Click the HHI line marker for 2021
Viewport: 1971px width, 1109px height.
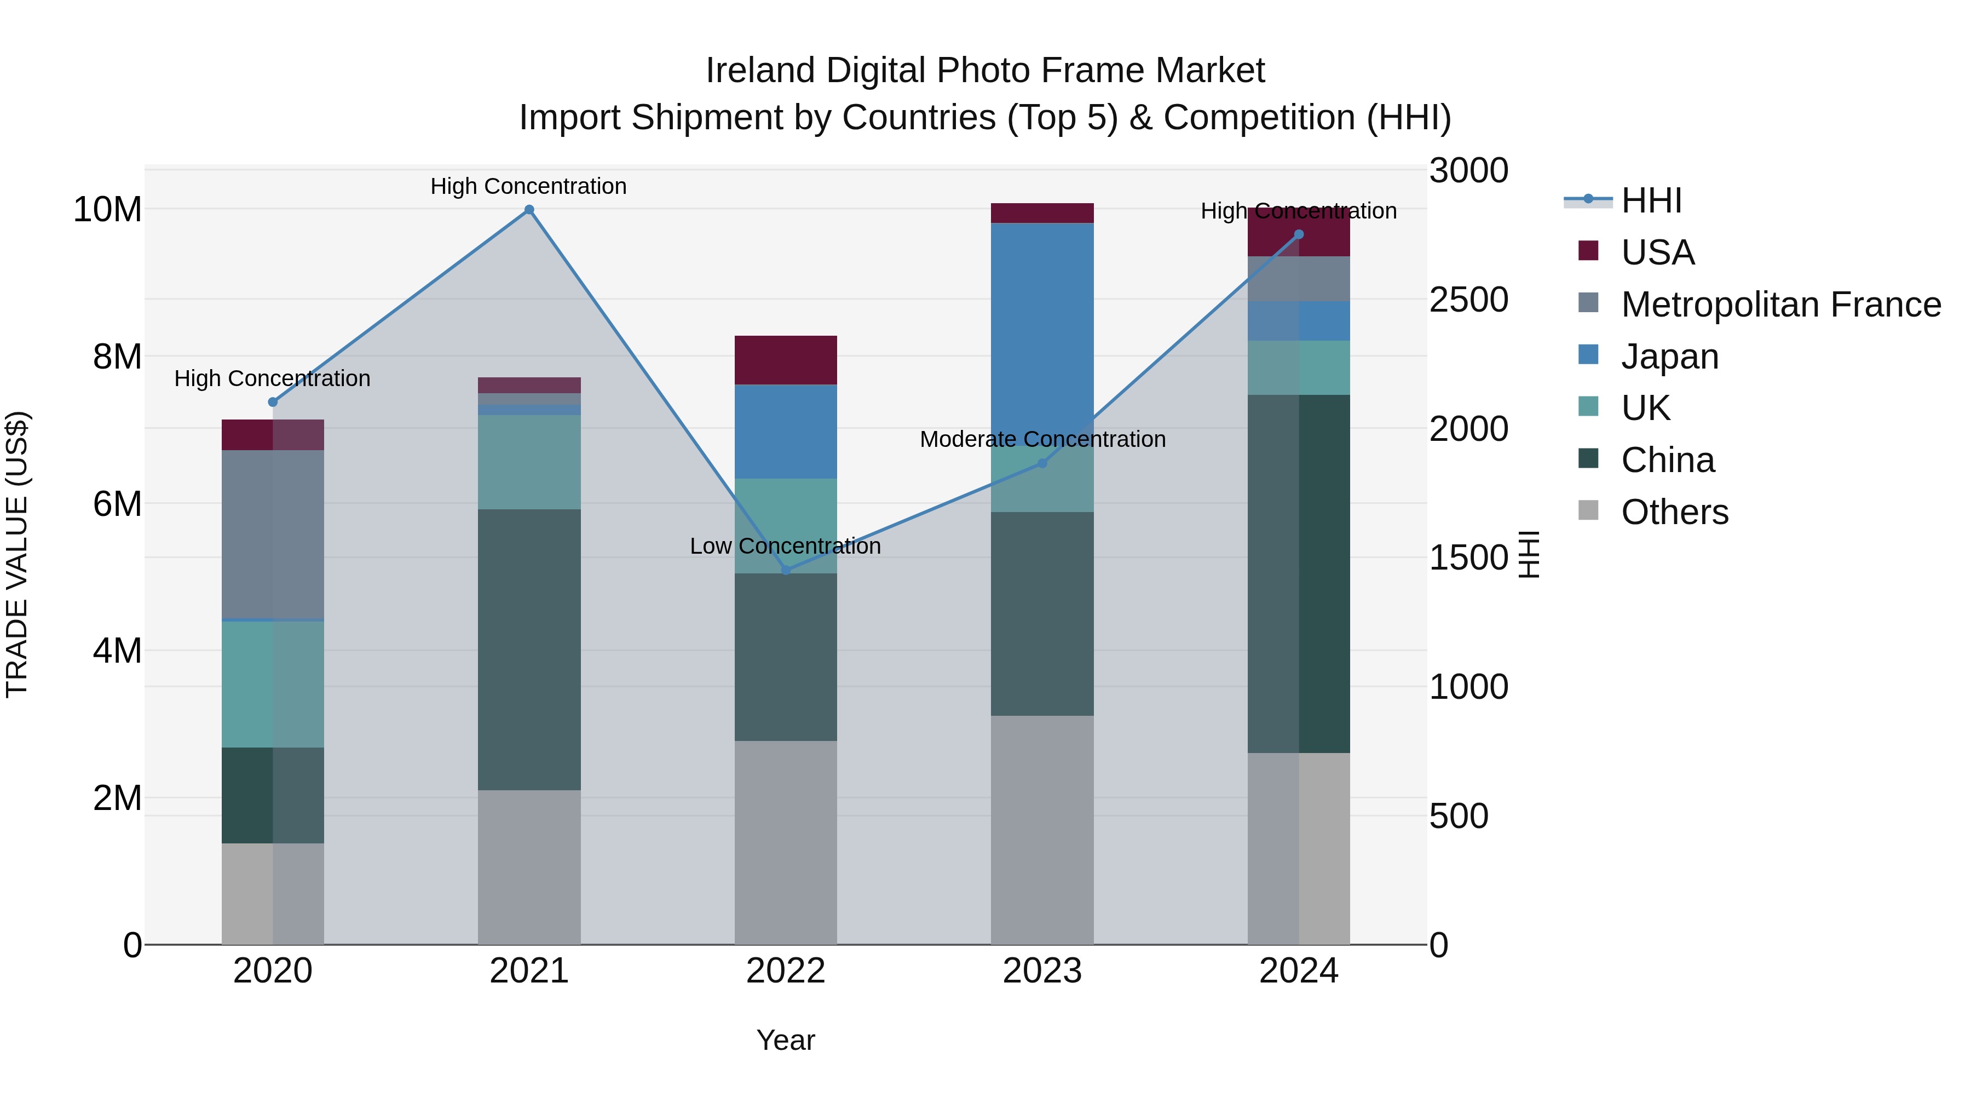click(x=529, y=210)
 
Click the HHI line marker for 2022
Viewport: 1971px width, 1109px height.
click(x=786, y=570)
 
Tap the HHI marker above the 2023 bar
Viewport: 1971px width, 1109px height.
click(x=1042, y=463)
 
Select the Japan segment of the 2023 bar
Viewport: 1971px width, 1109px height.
click(x=1042, y=329)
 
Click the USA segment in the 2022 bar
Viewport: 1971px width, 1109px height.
click(x=786, y=360)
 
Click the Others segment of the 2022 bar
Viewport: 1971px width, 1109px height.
click(x=786, y=842)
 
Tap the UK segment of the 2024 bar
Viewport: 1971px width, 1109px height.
click(x=1299, y=367)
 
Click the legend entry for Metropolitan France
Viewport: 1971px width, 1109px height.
click(x=1780, y=304)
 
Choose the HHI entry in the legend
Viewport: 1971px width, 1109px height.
click(x=1651, y=200)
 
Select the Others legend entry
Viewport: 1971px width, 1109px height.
click(x=1674, y=512)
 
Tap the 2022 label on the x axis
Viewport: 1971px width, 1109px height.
click(x=786, y=971)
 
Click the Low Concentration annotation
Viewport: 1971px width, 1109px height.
click(x=785, y=547)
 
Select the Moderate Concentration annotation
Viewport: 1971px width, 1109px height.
click(x=1042, y=439)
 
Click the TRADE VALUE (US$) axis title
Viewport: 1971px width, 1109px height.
click(x=17, y=554)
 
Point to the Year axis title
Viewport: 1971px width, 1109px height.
click(x=786, y=1040)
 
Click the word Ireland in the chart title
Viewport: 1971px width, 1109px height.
click(x=760, y=71)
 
